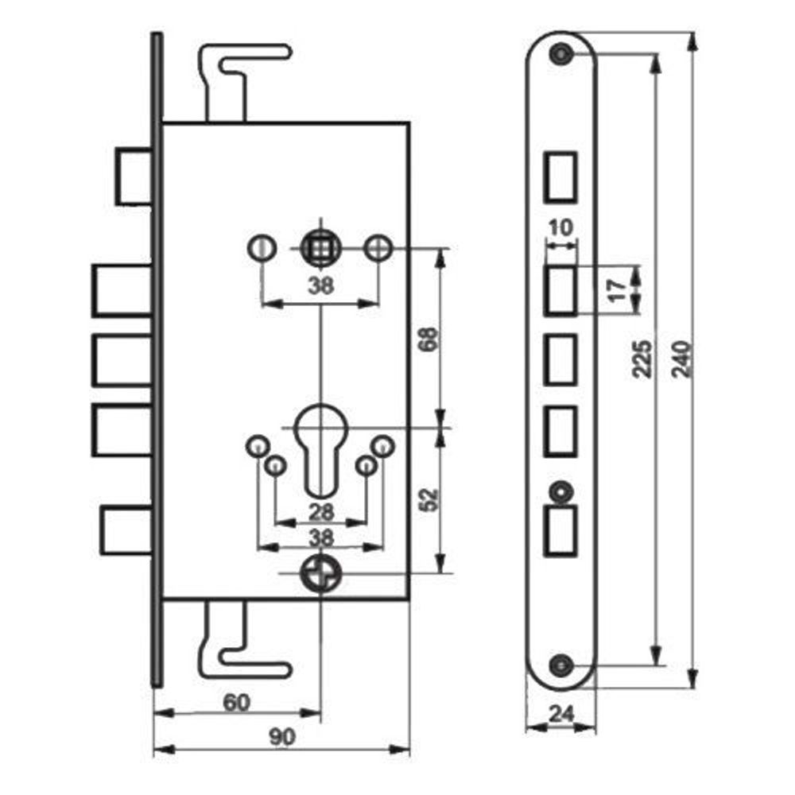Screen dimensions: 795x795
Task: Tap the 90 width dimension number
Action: coord(282,737)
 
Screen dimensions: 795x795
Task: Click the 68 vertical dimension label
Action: coord(429,339)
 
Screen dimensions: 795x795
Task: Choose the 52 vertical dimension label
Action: coord(429,499)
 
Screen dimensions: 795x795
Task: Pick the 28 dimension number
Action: coord(321,512)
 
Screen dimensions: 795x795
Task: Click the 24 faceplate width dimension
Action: coord(561,715)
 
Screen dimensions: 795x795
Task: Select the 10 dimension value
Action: coord(560,227)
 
